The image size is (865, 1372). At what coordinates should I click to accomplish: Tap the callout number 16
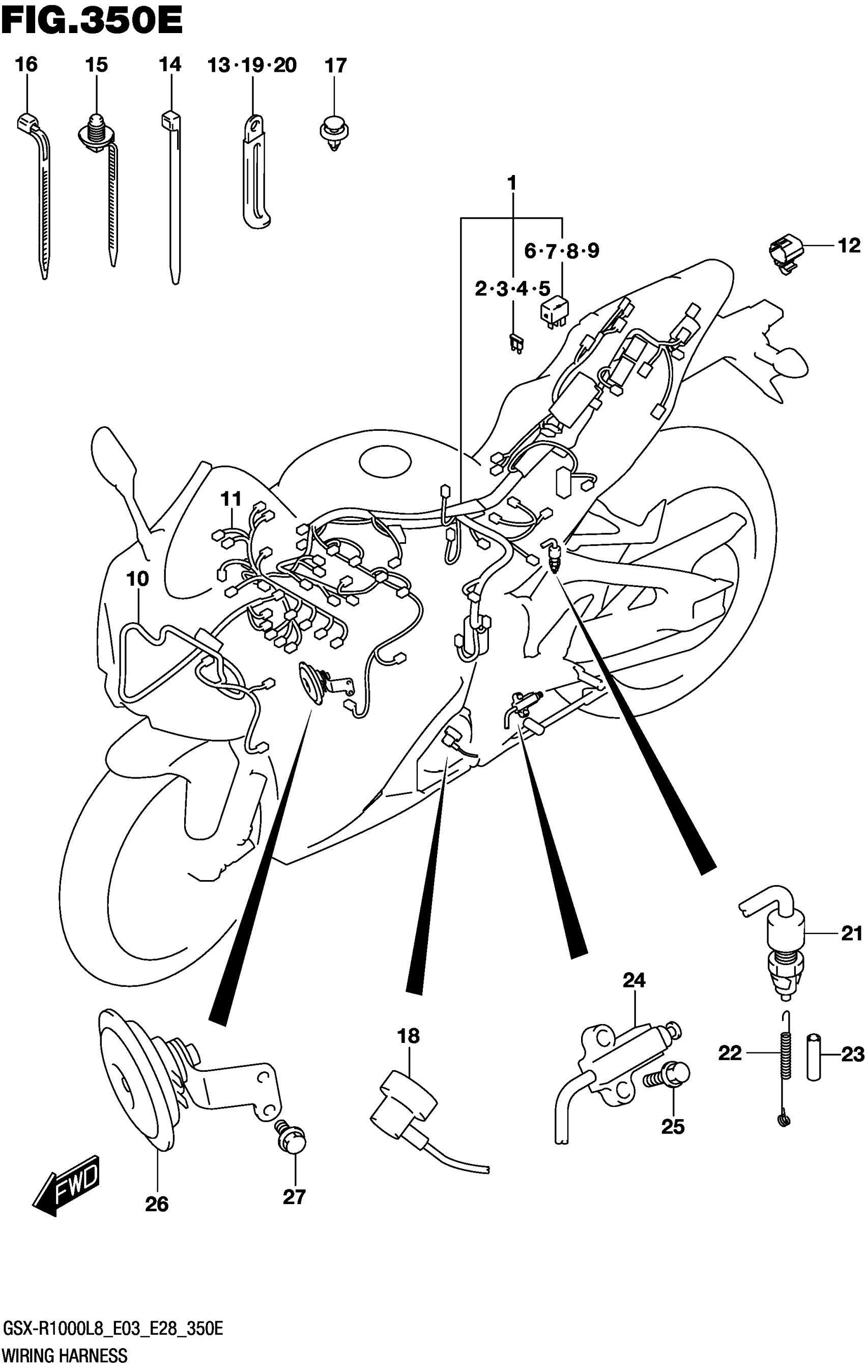click(26, 65)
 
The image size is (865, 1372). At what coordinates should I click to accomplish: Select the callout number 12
click(849, 246)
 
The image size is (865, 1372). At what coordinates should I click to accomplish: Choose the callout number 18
click(409, 1035)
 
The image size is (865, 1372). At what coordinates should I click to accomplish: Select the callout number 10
click(137, 579)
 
